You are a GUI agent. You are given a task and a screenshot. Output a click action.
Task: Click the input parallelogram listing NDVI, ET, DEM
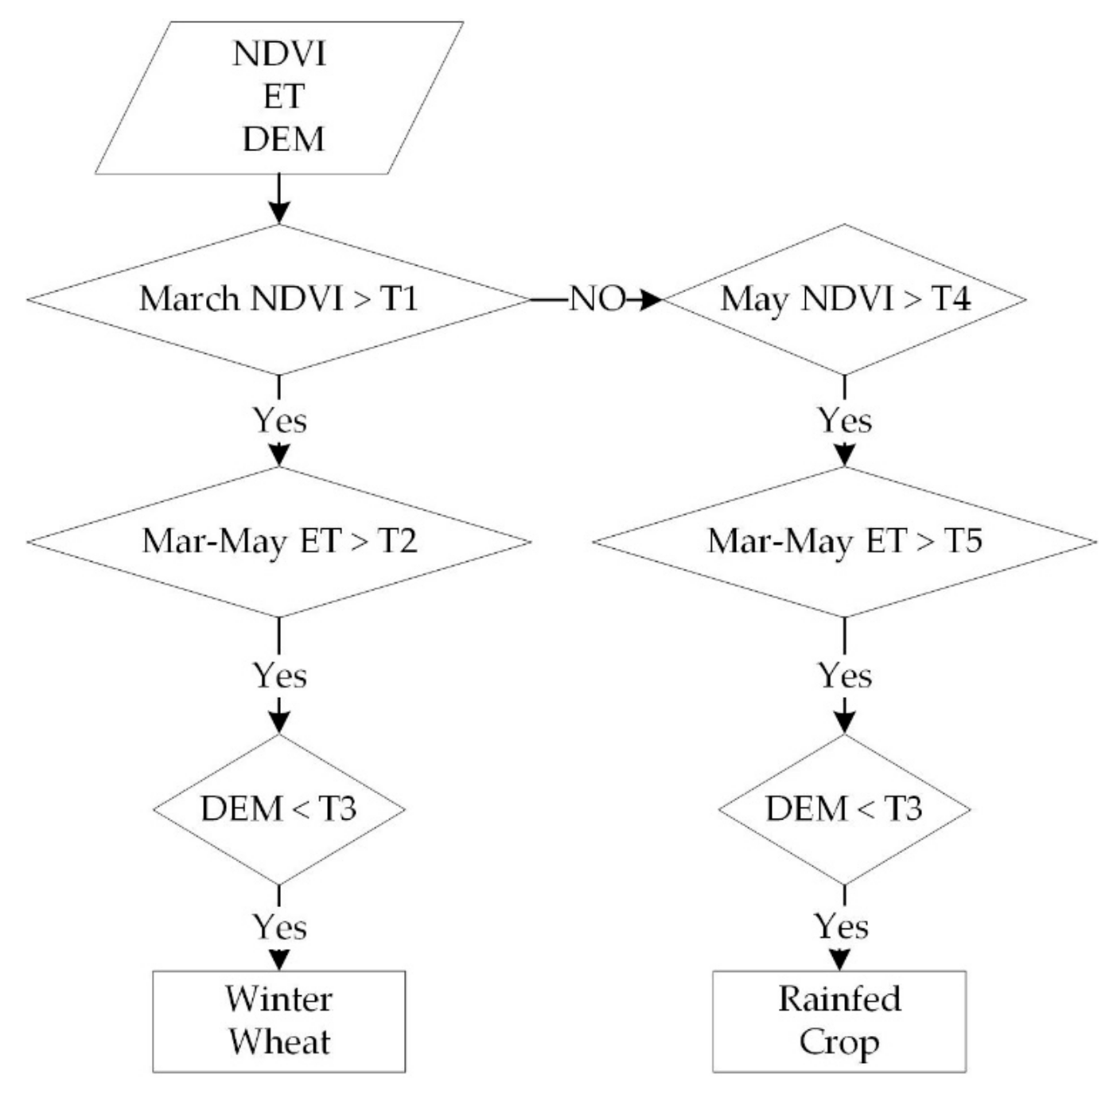tap(278, 97)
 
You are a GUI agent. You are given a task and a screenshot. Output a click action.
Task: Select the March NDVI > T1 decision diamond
tap(278, 299)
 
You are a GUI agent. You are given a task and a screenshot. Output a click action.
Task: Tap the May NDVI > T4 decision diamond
tap(845, 299)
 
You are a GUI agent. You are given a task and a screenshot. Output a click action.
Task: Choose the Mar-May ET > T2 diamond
tap(278, 542)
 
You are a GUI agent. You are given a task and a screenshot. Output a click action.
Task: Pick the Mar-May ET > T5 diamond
tap(845, 542)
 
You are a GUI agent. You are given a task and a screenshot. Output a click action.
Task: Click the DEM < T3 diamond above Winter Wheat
tap(278, 809)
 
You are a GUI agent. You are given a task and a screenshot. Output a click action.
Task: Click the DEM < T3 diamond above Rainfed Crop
tap(845, 809)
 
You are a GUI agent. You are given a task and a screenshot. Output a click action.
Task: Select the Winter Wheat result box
tap(278, 1021)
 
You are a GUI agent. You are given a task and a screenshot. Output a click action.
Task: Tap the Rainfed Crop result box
tap(839, 1021)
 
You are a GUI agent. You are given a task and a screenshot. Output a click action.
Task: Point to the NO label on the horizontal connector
tap(597, 299)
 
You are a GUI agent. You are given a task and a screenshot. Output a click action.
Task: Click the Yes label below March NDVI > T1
tap(279, 420)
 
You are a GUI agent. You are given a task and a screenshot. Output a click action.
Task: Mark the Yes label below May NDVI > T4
tap(845, 420)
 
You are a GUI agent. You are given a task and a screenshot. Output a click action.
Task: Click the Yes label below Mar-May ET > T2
tap(279, 676)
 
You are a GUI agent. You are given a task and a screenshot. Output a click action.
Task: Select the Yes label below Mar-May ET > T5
tap(845, 676)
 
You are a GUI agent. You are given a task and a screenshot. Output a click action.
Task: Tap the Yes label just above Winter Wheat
tap(279, 927)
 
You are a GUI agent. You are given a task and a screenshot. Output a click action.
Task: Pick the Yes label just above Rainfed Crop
tap(841, 926)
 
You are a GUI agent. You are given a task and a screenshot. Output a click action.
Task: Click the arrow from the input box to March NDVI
tap(278, 199)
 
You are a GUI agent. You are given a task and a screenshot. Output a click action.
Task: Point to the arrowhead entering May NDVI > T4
tap(652, 300)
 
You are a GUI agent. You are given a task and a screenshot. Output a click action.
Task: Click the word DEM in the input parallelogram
tap(284, 139)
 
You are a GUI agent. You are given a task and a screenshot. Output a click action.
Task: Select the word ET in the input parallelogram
tap(284, 97)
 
